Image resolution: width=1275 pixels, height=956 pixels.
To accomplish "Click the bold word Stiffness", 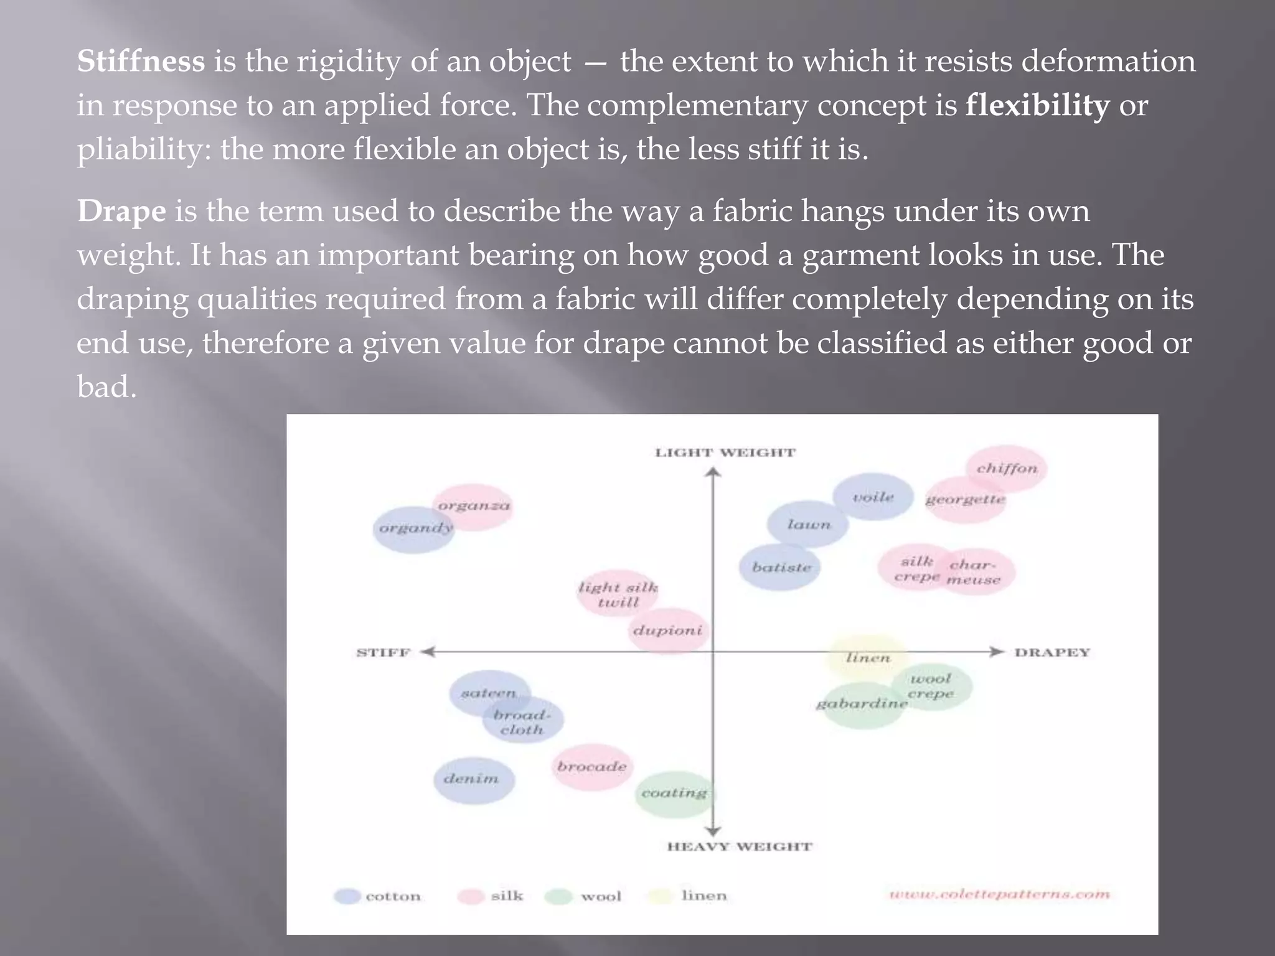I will pos(141,62).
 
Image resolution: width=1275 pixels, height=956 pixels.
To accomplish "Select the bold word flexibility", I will pos(1037,105).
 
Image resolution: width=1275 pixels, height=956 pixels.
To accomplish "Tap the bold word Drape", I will pos(121,212).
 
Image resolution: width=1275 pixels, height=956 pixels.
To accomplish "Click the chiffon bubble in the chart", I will pos(1007,468).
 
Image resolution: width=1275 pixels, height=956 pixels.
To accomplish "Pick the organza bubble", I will pos(474,506).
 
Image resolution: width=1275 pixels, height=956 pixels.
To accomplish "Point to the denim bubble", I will pos(473,780).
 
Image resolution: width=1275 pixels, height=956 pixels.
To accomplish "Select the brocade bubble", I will pos(591,767).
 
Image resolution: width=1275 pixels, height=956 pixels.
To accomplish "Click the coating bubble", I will pos(674,794).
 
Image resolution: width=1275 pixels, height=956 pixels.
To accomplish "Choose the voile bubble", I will pos(873,497).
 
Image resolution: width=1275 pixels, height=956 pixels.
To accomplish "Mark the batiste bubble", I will pos(781,567).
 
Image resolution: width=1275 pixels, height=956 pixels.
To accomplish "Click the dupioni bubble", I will pos(667,630).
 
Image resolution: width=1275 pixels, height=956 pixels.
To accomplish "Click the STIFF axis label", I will pos(383,652).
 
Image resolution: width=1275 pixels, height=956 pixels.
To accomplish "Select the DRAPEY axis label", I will pos(1052,652).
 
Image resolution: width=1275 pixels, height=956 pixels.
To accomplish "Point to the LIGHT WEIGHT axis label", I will pos(725,452).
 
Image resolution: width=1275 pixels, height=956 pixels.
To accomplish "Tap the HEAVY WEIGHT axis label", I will pos(740,846).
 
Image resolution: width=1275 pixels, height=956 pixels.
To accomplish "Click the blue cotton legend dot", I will pos(347,896).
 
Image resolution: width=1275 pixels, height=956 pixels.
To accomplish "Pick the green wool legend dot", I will pos(558,896).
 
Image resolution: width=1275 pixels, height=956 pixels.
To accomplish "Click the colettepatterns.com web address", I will pos(999,894).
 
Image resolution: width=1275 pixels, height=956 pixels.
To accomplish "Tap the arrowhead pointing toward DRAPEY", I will pos(997,652).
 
